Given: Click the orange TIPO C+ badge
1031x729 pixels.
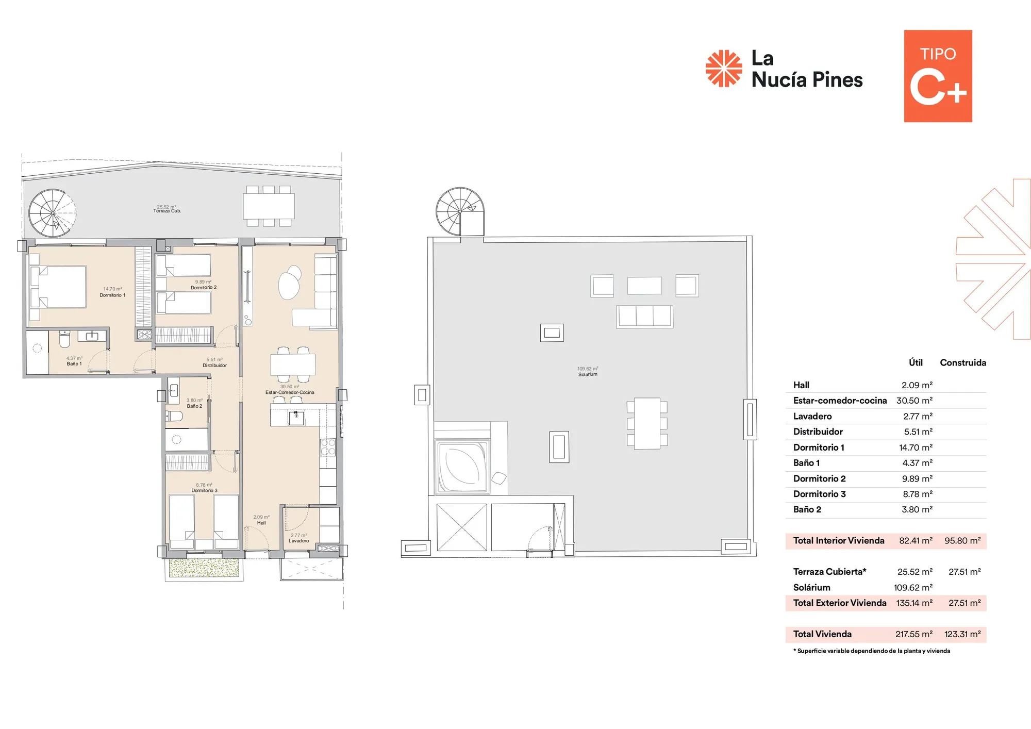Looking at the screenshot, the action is (x=938, y=76).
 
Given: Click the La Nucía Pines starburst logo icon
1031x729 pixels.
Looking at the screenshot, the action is (x=724, y=68).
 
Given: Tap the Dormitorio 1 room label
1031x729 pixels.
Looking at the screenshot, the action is (x=112, y=295).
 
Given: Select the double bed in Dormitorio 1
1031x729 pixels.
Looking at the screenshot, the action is (x=58, y=287).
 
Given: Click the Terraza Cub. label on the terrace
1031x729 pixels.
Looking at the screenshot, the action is (x=167, y=211).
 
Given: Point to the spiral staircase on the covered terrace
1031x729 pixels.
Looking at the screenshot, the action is (x=52, y=213).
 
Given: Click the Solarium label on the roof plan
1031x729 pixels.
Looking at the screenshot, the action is (x=588, y=374).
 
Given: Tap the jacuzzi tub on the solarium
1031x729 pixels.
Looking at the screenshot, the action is (x=462, y=466).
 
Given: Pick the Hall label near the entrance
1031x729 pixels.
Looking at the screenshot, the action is (x=261, y=523).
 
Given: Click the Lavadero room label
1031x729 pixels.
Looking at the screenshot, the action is (x=299, y=541).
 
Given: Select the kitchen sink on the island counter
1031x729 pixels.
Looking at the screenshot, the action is (x=296, y=418).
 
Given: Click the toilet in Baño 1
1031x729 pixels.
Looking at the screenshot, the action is (x=64, y=339).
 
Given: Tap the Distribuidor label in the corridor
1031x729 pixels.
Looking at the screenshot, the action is (x=214, y=366).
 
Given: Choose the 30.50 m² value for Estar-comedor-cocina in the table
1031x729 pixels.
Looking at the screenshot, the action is (x=914, y=401).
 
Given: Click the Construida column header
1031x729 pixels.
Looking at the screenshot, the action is (x=963, y=362).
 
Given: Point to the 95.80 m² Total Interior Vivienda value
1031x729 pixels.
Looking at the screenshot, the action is (x=962, y=540).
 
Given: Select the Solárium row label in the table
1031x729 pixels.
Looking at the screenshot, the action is (x=812, y=587).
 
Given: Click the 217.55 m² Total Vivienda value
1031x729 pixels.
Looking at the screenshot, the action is (x=914, y=634).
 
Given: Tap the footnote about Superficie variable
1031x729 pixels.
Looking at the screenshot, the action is (x=872, y=651).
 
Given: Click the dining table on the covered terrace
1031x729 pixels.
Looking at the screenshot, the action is (x=269, y=206).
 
